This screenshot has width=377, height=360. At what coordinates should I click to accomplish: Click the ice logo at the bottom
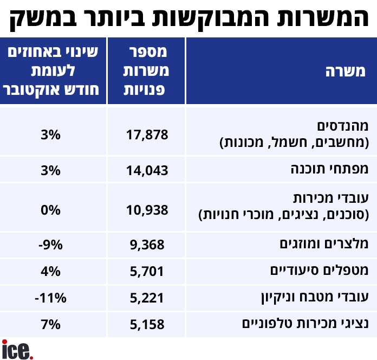point(17,349)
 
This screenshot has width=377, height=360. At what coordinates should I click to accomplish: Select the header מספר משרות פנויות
point(147,71)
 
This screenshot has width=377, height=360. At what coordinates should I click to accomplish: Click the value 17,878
point(147,134)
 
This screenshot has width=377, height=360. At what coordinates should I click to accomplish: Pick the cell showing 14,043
point(147,170)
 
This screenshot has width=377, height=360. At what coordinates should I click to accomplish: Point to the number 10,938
point(147,209)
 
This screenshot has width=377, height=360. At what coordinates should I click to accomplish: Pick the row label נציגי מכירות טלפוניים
point(308,324)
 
